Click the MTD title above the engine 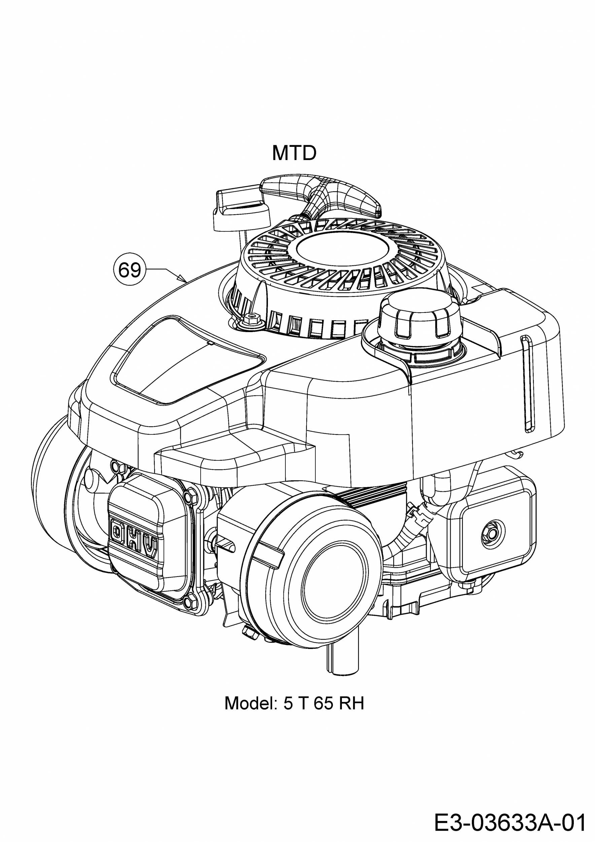pyautogui.click(x=294, y=153)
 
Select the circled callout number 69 pyautogui.click(x=129, y=271)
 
